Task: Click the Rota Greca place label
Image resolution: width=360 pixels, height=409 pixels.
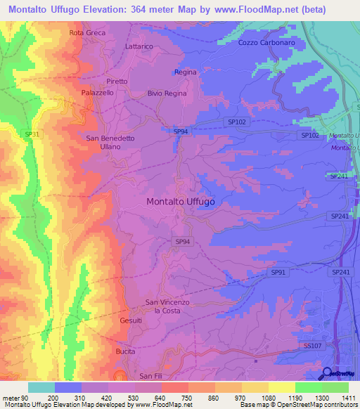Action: tap(86, 33)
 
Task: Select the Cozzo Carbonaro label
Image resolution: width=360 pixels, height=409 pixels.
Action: tap(266, 42)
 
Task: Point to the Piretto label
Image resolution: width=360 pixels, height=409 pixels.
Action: tap(117, 82)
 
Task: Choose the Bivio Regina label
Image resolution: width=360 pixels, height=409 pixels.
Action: tap(167, 93)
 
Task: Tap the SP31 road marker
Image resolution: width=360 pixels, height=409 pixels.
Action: tap(32, 134)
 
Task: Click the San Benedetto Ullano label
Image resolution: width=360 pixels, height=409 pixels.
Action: tap(110, 143)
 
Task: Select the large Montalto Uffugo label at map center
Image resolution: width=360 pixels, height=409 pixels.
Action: tap(181, 201)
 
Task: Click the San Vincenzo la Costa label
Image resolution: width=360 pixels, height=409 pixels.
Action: tap(167, 306)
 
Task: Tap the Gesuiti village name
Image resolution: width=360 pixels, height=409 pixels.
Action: tap(131, 320)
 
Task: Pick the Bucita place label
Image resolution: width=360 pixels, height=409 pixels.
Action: tap(125, 350)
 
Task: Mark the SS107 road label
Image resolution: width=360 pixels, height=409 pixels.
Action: tap(312, 346)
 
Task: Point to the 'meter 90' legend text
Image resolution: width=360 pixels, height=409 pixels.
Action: tap(15, 398)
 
